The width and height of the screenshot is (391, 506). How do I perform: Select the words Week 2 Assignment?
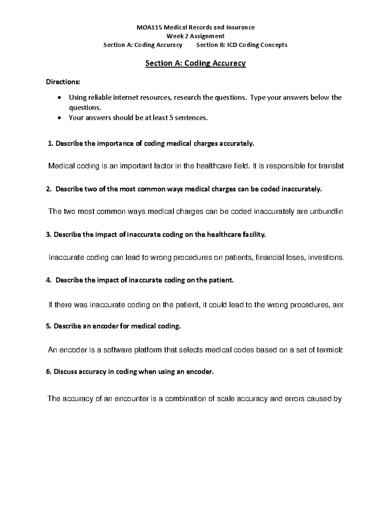(x=195, y=36)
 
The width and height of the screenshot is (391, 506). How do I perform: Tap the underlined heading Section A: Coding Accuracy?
(x=195, y=63)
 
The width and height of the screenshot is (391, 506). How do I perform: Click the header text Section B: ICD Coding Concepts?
(x=241, y=45)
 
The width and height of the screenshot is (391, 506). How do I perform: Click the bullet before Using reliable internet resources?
(x=59, y=98)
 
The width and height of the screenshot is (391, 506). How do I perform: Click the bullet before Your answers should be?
(x=59, y=118)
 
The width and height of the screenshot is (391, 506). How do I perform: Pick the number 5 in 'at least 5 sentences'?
(x=171, y=118)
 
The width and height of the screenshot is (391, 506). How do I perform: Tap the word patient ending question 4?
(x=223, y=280)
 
